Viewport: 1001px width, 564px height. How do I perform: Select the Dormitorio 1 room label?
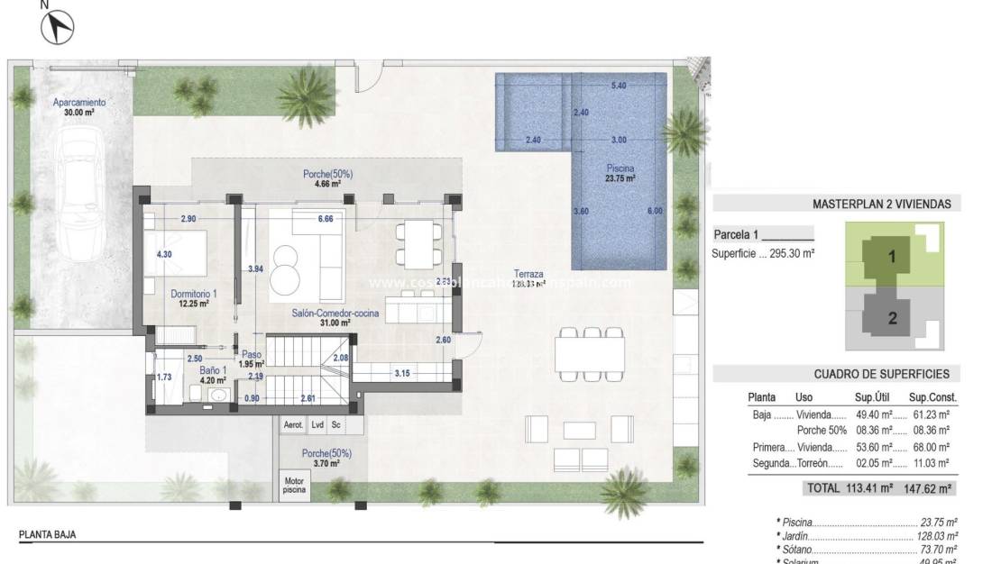coord(189,298)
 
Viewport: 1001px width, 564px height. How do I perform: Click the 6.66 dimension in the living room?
coord(326,219)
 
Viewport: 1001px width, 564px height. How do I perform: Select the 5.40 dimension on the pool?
coord(619,86)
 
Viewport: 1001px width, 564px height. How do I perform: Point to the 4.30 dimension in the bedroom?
coord(164,255)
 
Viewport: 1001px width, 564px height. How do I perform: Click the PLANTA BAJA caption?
coord(48,534)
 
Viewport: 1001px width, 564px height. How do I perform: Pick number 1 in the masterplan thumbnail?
coord(892,256)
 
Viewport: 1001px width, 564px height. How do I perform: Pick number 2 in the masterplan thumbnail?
coord(892,317)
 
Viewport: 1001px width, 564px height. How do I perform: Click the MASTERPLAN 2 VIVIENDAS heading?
coord(881,205)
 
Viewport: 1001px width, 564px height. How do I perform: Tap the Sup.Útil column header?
coord(872,396)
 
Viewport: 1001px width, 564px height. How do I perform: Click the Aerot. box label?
coord(293,423)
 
